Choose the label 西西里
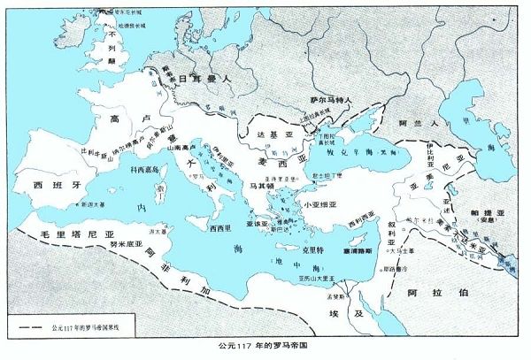(221, 228)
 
